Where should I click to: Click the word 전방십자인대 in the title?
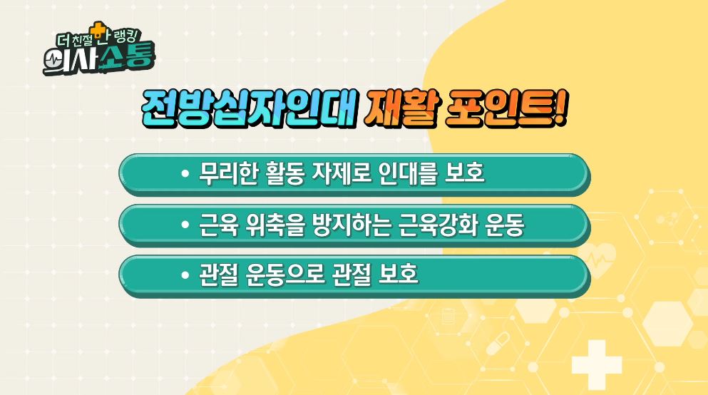pos(248,109)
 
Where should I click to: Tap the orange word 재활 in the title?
pos(401,109)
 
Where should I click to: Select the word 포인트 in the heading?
pos(499,109)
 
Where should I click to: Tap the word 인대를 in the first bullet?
pos(408,173)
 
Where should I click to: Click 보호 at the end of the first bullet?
pos(465,173)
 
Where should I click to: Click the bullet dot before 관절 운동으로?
pos(184,275)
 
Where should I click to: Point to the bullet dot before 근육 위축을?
pos(184,225)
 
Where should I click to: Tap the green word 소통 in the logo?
pos(128,56)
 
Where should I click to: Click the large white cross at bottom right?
pos(597,364)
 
